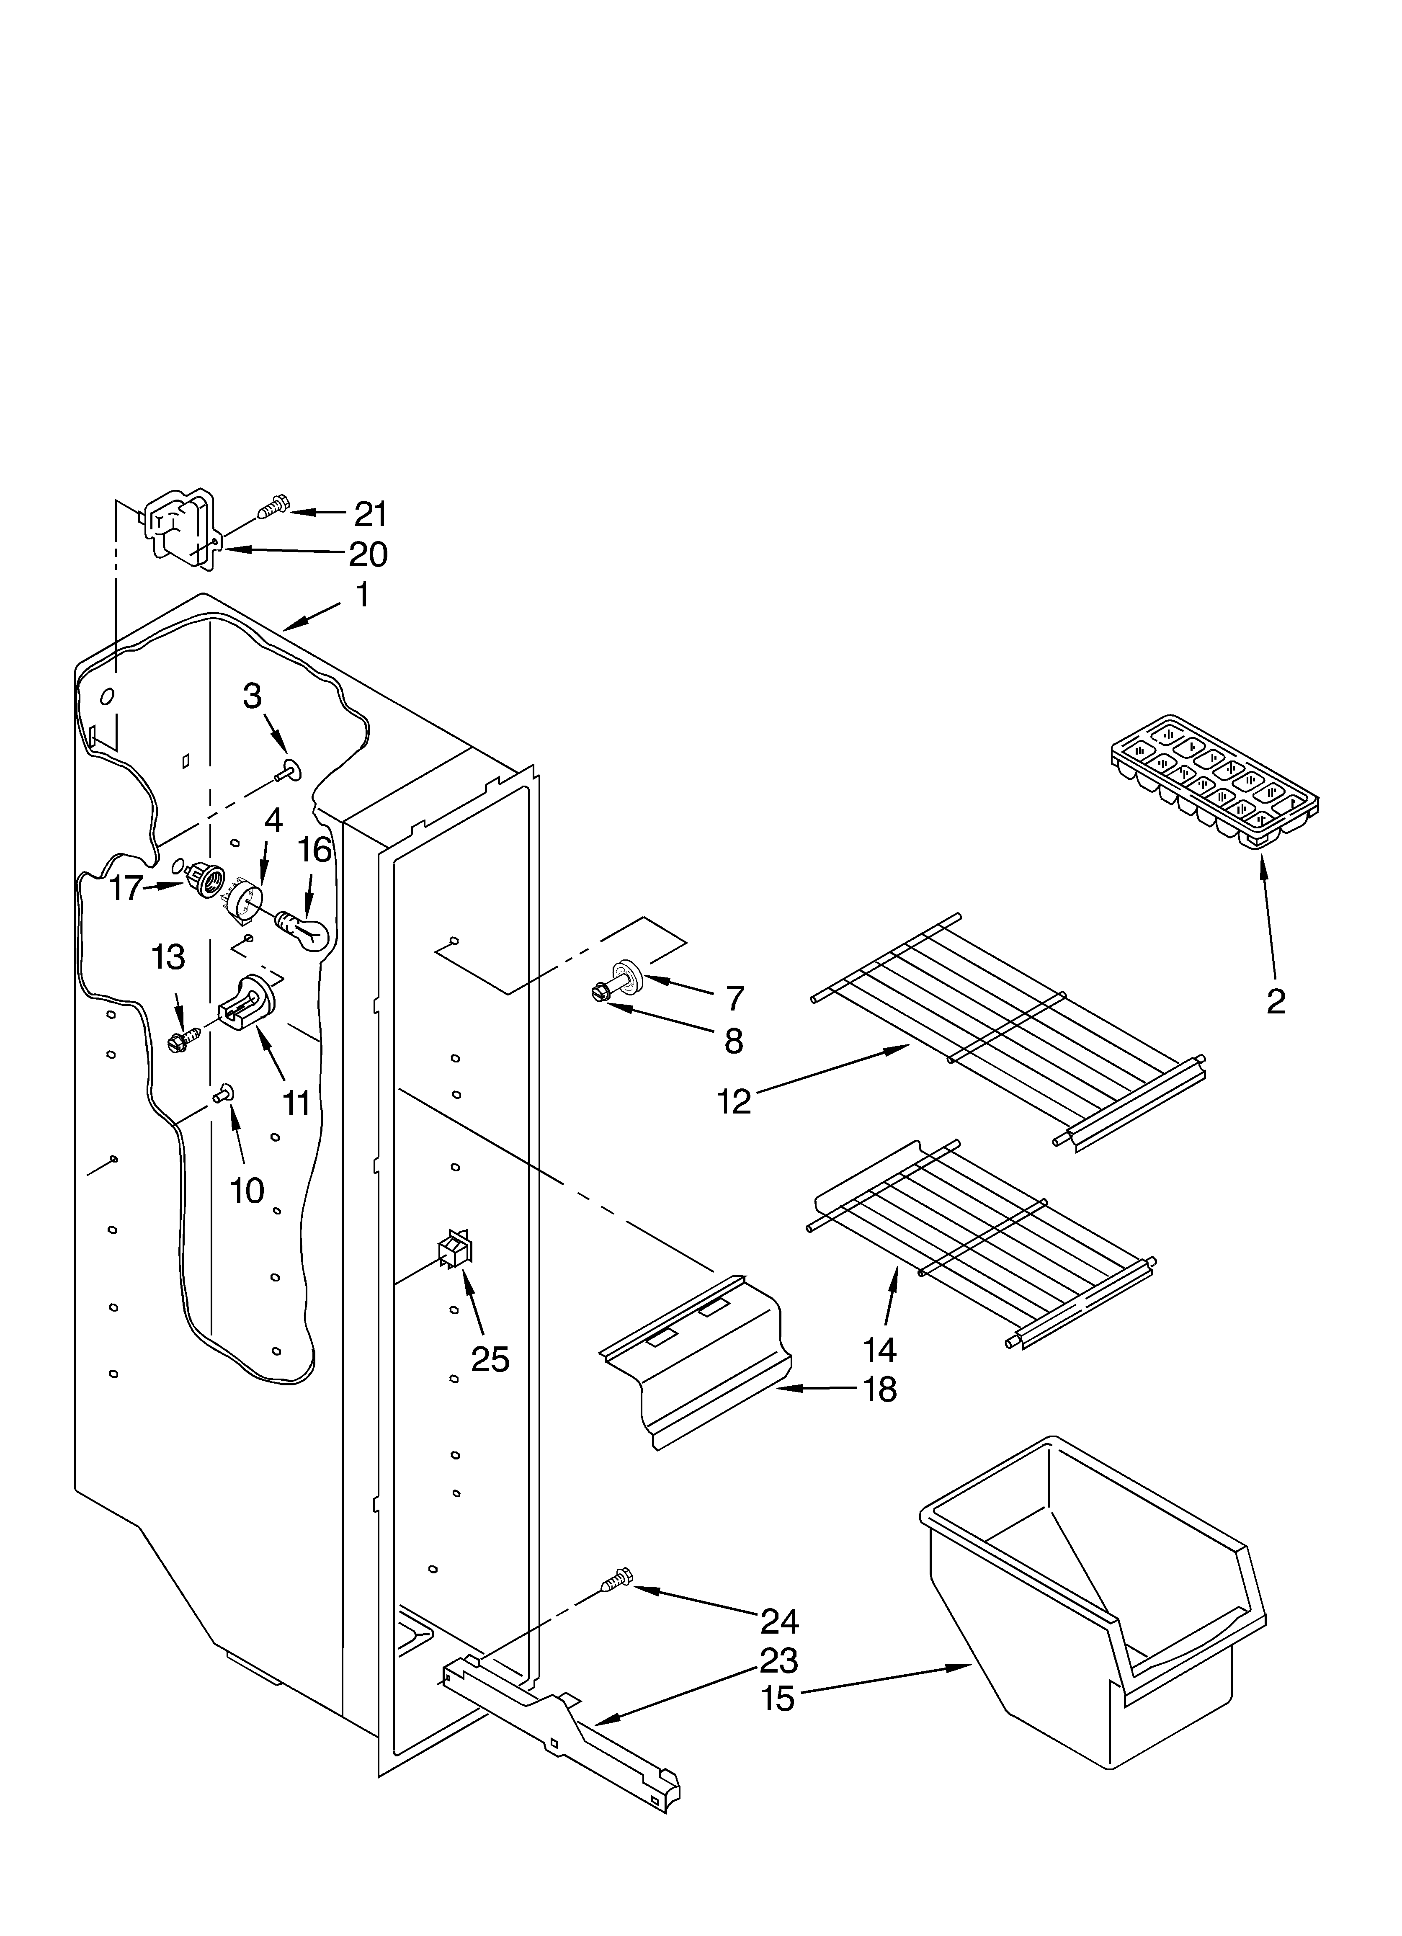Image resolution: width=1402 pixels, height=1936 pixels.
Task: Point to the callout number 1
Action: (362, 595)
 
